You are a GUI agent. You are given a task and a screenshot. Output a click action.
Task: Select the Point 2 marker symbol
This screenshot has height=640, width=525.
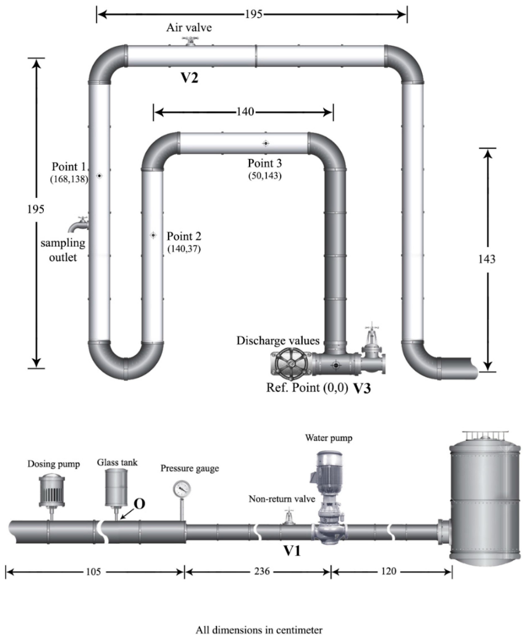tap(153, 235)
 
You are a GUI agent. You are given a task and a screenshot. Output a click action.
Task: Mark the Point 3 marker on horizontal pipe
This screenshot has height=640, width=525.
tap(265, 143)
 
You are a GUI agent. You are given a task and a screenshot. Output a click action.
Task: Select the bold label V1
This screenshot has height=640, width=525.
tap(292, 551)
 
